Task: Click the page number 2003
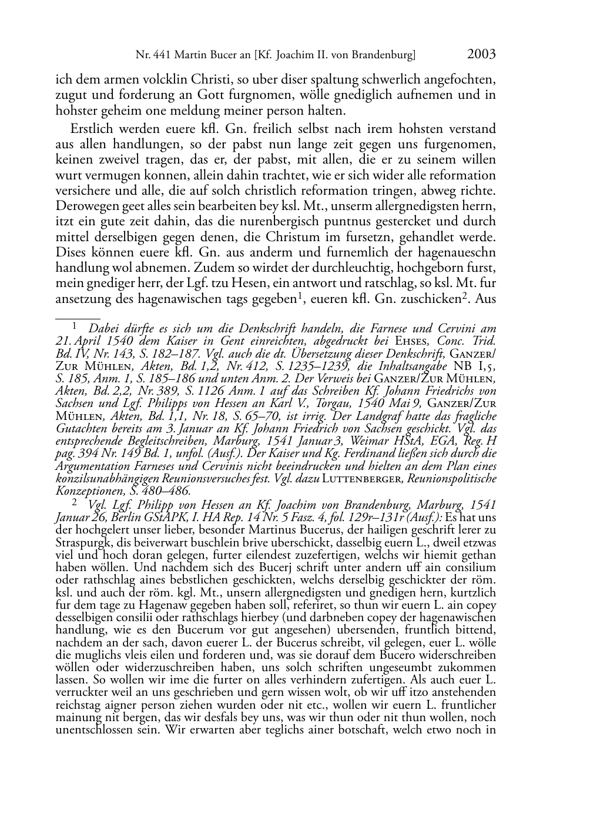(481, 55)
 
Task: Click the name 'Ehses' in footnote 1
(410, 341)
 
